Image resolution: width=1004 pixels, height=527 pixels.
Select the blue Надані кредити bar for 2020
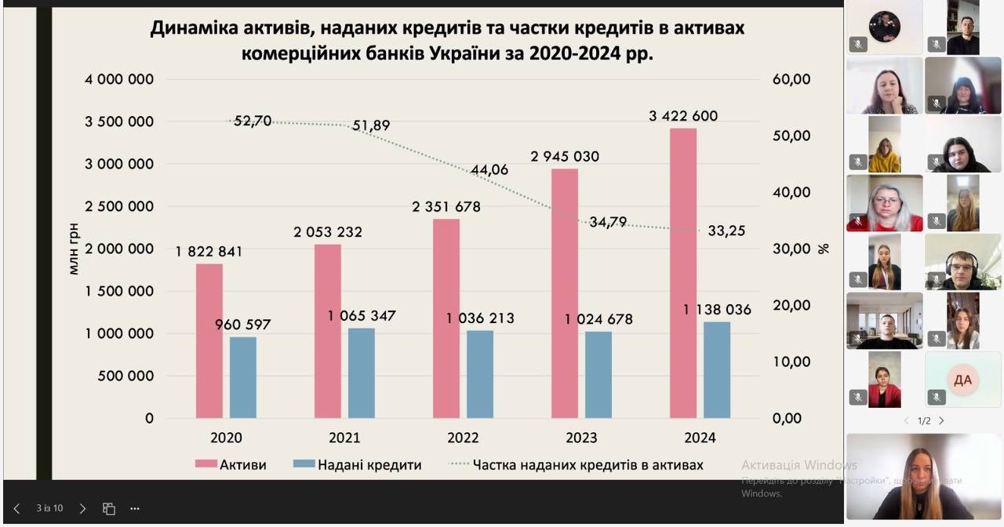(243, 377)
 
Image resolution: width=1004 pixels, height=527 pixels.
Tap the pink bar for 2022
(446, 318)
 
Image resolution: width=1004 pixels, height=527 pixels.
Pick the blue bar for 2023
(598, 375)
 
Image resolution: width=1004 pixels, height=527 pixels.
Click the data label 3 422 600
(682, 116)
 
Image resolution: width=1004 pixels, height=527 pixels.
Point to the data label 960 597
(243, 324)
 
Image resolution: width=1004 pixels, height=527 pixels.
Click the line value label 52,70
(253, 121)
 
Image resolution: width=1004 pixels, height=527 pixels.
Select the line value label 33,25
(726, 231)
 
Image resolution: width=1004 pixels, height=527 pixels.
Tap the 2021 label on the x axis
(344, 438)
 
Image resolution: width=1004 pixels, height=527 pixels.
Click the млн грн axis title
(75, 249)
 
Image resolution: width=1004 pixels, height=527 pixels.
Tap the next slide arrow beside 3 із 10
(82, 508)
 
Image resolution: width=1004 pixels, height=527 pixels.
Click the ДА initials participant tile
(962, 380)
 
